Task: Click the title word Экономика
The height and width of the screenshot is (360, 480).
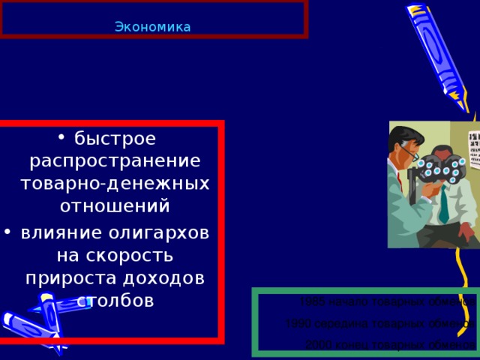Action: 153,28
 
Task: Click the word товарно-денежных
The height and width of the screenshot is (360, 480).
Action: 115,183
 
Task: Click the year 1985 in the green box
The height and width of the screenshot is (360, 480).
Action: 312,301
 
